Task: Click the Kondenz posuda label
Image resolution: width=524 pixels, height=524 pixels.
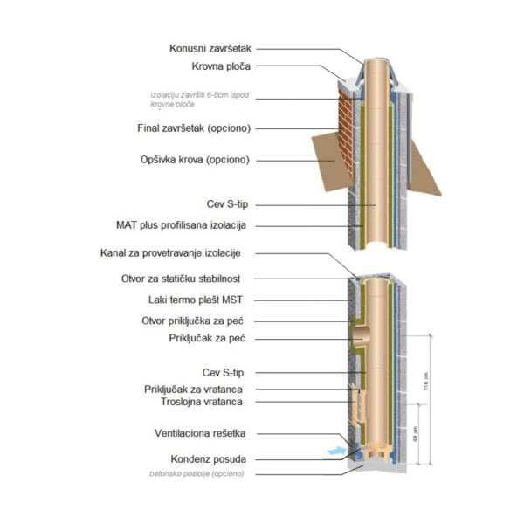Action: [x=209, y=458]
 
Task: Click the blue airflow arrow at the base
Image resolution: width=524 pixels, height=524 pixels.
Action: [x=334, y=452]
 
